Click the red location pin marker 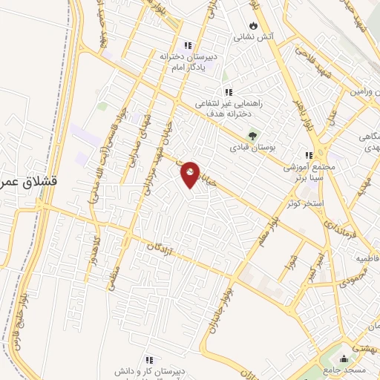tap(191, 174)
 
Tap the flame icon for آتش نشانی tap(254, 24)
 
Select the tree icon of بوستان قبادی tap(252, 135)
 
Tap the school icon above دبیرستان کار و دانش tap(149, 359)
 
